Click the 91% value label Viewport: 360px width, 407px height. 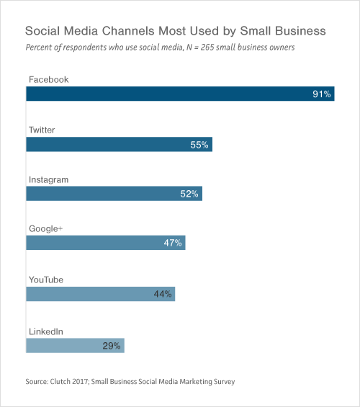pyautogui.click(x=322, y=94)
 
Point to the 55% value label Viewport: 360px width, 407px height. pyautogui.click(x=199, y=145)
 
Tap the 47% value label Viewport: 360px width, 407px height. pyautogui.click(x=173, y=243)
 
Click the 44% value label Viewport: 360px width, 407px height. pyautogui.click(x=163, y=294)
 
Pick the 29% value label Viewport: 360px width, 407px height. pyautogui.click(x=112, y=345)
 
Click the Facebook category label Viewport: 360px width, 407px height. pyautogui.click(x=48, y=79)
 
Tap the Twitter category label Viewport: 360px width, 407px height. pyautogui.click(x=42, y=130)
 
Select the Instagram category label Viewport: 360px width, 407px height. pyautogui.click(x=48, y=179)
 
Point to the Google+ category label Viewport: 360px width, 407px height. pyautogui.click(x=46, y=228)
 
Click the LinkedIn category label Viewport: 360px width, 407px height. pyautogui.click(x=46, y=331)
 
